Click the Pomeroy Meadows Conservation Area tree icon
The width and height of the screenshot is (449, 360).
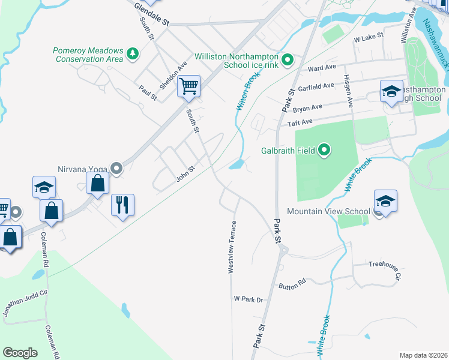click(132, 55)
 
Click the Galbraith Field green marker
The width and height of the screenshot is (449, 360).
click(324, 149)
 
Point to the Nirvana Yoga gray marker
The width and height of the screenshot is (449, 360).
click(116, 169)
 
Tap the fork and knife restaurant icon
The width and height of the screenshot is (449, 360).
click(122, 205)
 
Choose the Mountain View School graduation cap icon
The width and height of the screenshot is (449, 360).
click(385, 202)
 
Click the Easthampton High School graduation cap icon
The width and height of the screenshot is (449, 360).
click(391, 91)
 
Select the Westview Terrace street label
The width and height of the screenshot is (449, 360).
click(231, 248)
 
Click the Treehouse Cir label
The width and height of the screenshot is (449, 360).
click(384, 263)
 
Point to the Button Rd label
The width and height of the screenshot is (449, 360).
click(292, 284)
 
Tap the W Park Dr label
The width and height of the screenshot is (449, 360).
click(249, 299)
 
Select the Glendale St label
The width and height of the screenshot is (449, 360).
click(152, 14)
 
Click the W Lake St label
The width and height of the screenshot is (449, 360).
click(368, 38)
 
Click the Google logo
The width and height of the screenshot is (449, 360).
click(20, 353)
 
